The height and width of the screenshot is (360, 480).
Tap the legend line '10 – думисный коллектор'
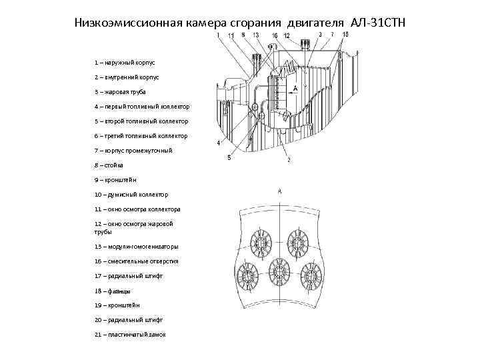click(x=131, y=194)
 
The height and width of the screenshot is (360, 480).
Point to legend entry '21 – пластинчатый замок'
click(x=130, y=334)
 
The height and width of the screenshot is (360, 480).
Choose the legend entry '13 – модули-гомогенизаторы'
click(x=136, y=247)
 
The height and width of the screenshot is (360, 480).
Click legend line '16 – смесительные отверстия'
click(x=136, y=261)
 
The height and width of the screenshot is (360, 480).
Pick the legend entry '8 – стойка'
click(x=109, y=165)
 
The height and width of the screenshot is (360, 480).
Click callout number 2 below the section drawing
click(x=288, y=161)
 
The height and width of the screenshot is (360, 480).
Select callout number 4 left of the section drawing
click(x=218, y=143)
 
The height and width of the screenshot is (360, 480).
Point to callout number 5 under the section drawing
click(x=229, y=158)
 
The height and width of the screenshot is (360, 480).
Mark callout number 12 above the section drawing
click(x=287, y=35)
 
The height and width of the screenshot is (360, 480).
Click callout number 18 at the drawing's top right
click(x=345, y=34)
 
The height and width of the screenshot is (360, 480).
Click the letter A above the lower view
click(x=279, y=191)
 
